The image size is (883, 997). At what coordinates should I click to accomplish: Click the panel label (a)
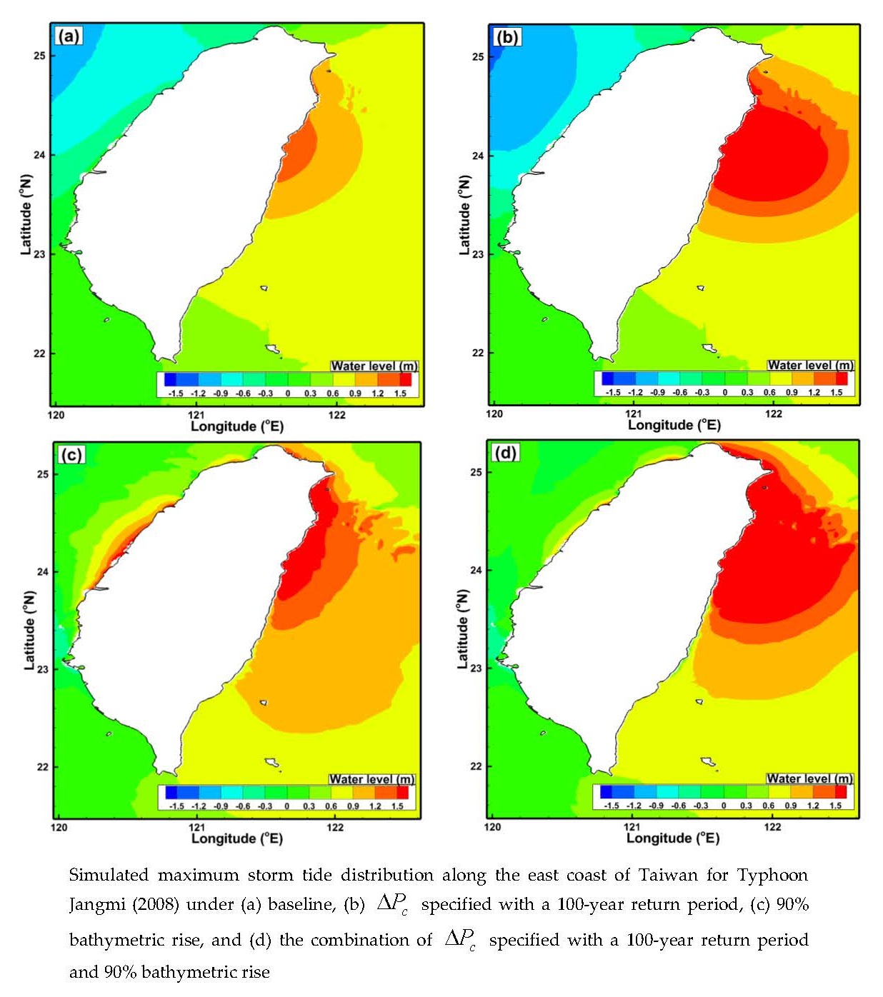pos(69,36)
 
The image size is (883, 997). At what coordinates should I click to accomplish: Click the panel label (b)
pos(507,36)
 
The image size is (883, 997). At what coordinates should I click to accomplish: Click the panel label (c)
pos(71,454)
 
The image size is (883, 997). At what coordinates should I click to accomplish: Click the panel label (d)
pos(505,453)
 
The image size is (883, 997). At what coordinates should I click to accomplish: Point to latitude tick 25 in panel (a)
pos(39,56)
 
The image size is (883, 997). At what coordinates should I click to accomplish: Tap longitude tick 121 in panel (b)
pos(633,414)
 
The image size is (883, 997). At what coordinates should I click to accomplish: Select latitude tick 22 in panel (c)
pos(43,767)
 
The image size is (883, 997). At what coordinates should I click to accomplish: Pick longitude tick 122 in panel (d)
pos(772,827)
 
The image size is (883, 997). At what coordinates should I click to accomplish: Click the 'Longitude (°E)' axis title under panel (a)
pos(236,426)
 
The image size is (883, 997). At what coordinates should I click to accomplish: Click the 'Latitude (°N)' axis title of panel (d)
pos(463,629)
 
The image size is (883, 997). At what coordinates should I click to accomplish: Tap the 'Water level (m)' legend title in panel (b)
pos(810,366)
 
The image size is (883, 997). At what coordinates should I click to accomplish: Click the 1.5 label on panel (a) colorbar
pos(400,394)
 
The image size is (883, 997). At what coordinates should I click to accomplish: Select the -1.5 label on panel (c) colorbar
pos(176,806)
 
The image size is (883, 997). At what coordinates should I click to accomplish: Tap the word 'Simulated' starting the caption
pos(109,876)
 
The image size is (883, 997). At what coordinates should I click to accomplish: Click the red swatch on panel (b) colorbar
pos(842,379)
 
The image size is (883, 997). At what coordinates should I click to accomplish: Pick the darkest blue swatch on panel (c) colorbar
pos(171,792)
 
